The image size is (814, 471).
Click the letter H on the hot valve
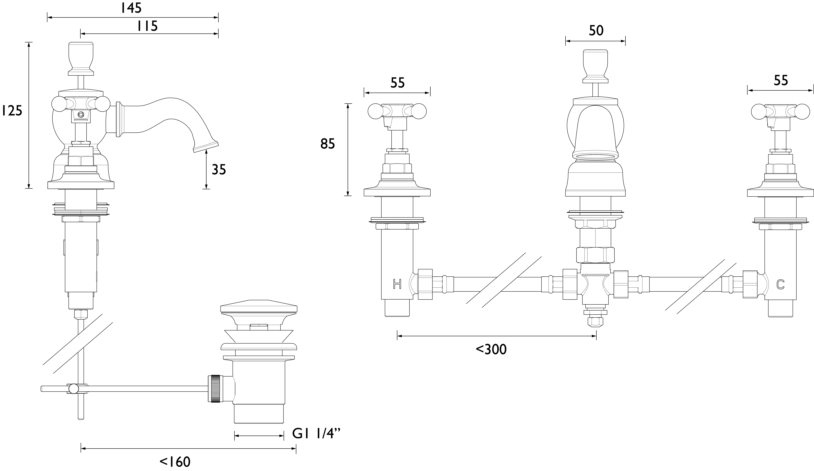click(x=397, y=284)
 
